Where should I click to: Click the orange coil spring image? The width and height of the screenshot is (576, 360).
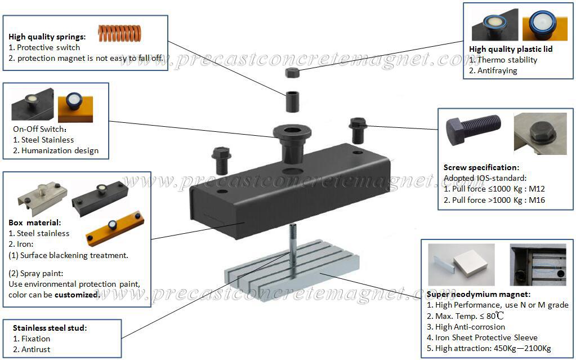click(x=119, y=33)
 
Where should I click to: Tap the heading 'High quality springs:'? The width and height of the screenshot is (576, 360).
click(x=47, y=37)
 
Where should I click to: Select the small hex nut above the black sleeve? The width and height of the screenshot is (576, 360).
click(x=292, y=73)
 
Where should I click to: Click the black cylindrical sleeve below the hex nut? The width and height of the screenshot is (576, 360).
click(x=292, y=102)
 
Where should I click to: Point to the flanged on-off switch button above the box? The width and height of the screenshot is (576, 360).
click(x=292, y=144)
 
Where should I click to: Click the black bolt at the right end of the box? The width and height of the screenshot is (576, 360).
click(x=358, y=131)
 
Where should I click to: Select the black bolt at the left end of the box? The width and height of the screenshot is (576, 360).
click(x=221, y=161)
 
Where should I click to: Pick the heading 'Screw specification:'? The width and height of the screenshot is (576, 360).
click(x=481, y=168)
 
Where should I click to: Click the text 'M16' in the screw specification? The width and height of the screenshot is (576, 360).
click(x=537, y=200)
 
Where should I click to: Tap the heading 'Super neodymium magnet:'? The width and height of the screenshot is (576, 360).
click(x=478, y=294)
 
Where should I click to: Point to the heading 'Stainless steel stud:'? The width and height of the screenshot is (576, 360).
click(x=50, y=328)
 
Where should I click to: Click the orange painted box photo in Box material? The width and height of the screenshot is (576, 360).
click(x=115, y=228)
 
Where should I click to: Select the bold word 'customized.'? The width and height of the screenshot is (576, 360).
click(x=77, y=295)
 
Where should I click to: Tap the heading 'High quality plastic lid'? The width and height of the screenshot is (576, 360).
click(x=511, y=49)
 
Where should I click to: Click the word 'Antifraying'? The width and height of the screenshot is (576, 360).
click(x=497, y=70)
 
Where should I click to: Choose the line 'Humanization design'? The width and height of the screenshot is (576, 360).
click(x=60, y=150)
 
